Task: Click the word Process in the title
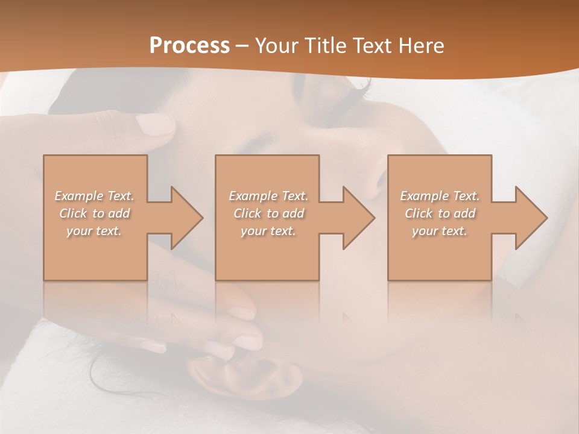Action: pyautogui.click(x=189, y=45)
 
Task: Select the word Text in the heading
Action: pyautogui.click(x=370, y=45)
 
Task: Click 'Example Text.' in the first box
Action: pyautogui.click(x=94, y=196)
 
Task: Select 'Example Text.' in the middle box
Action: pyautogui.click(x=268, y=196)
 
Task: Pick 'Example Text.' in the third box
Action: pyautogui.click(x=440, y=196)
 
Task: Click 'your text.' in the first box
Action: pyautogui.click(x=94, y=231)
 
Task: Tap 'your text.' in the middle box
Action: pyautogui.click(x=268, y=231)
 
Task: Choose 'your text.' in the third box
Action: pyautogui.click(x=440, y=231)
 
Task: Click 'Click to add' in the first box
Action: pyautogui.click(x=94, y=213)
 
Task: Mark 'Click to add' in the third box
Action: pyautogui.click(x=440, y=213)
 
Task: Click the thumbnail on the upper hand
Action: pyautogui.click(x=154, y=125)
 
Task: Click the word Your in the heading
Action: pyautogui.click(x=277, y=45)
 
